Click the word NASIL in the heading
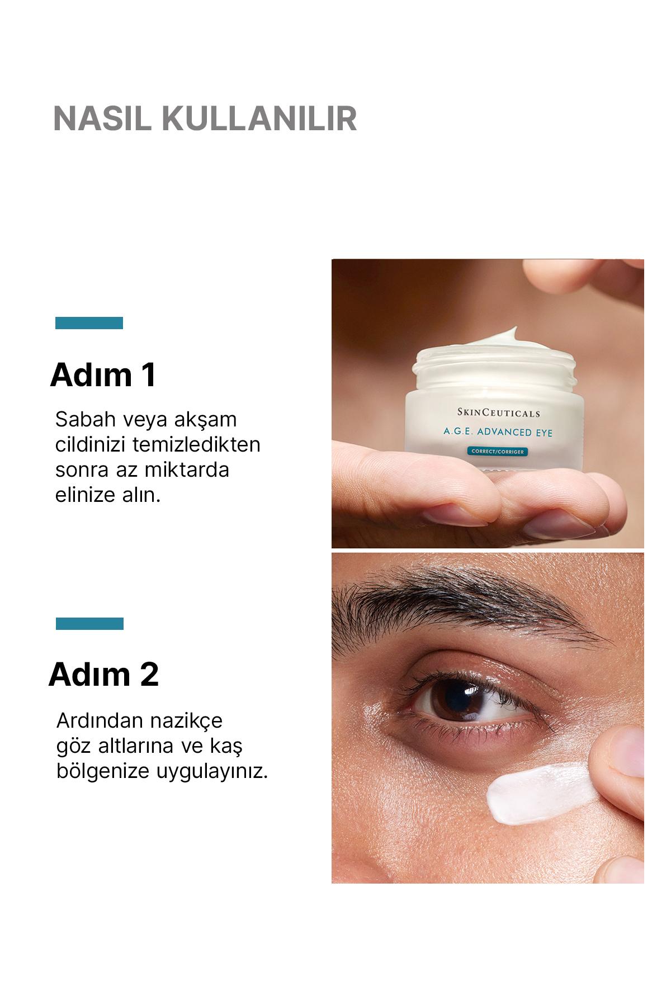point(102,118)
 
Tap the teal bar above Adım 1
point(89,323)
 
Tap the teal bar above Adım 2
point(89,624)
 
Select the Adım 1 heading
point(103,375)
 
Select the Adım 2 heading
point(104,675)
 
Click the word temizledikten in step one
point(196,445)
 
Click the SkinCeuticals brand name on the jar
point(498,413)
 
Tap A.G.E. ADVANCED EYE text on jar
point(498,432)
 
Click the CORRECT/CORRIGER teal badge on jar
point(497,452)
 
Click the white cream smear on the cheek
point(537,794)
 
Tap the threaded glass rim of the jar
point(495,369)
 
